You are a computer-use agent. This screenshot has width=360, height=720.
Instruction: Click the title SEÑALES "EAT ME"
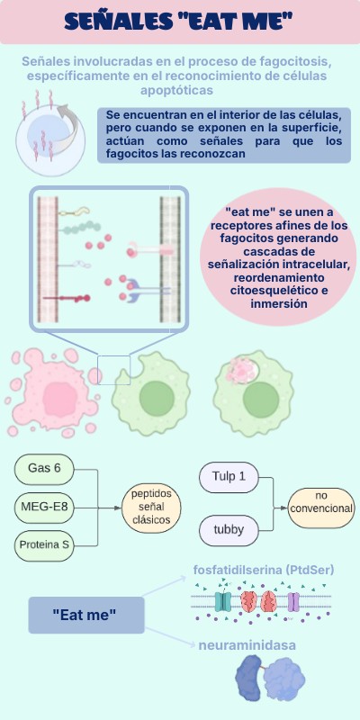point(179,22)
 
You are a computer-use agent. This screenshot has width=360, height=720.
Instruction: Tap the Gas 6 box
point(44,469)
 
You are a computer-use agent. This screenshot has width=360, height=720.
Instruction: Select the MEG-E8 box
point(44,508)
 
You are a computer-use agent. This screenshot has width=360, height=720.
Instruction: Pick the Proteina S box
point(44,545)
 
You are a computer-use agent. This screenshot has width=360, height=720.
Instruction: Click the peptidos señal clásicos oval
point(151,508)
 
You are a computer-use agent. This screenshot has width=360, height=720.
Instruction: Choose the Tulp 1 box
point(229,477)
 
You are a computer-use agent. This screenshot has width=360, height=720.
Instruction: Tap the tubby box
point(229,530)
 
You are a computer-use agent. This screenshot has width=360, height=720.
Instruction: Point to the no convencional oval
point(321,508)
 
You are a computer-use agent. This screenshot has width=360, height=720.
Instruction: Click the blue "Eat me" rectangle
point(86,615)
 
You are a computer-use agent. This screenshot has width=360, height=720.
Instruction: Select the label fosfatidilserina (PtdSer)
point(264,571)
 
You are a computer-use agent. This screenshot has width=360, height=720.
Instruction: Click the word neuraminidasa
point(247,645)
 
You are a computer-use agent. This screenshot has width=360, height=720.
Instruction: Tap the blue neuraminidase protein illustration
point(270,678)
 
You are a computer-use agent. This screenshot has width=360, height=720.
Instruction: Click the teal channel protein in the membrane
point(223,601)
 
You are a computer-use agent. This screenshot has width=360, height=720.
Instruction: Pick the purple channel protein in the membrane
point(293,601)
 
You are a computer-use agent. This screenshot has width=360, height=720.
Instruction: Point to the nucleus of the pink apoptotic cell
point(60,399)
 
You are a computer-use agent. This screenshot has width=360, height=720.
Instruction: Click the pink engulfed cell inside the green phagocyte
point(243,370)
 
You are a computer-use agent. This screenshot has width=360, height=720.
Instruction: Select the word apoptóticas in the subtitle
point(176,91)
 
